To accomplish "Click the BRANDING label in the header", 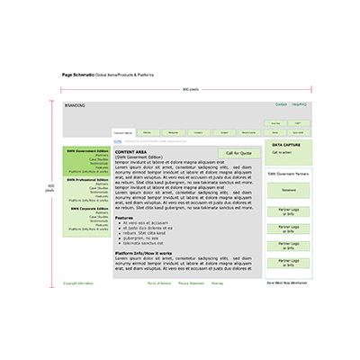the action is point(75,105).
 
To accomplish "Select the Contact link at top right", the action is point(281,104).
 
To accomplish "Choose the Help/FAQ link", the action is point(299,104).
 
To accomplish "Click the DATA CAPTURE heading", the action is point(286,144).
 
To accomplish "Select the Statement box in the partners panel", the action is point(288,190).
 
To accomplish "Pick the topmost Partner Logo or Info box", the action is point(288,211).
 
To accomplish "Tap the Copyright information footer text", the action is point(77,283).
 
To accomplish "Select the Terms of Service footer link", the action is point(159,283).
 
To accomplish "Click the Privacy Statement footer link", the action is point(191,283).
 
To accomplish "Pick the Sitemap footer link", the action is point(218,283).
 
